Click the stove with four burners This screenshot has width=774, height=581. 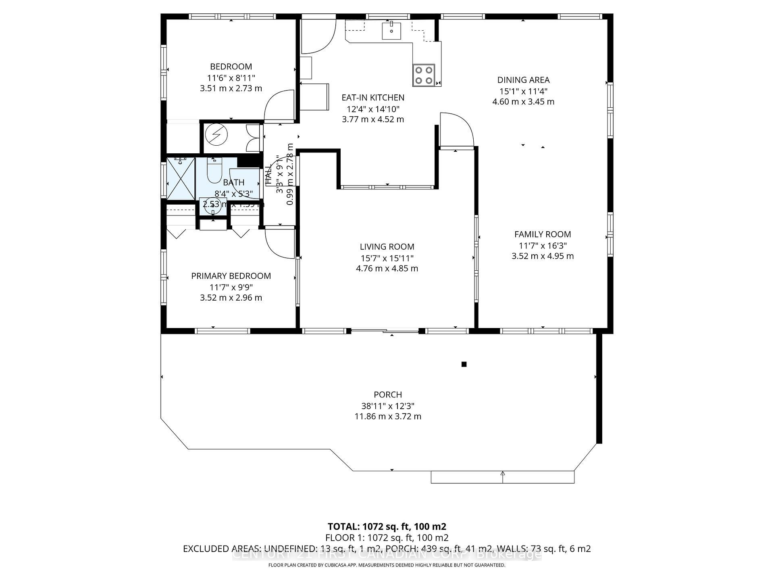(424, 75)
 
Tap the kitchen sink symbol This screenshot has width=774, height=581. (391, 31)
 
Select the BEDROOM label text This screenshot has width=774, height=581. (231, 67)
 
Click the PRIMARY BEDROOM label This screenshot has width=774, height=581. (231, 276)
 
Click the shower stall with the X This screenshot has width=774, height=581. (181, 178)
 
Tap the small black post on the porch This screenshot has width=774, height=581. (464, 364)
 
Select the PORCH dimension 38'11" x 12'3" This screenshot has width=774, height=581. (388, 406)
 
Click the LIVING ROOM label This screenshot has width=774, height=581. (387, 247)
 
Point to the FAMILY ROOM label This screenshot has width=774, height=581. (543, 234)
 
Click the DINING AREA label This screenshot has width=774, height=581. (523, 80)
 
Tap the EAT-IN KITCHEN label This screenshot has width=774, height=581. (373, 98)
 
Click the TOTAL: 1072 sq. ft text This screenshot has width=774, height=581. (387, 527)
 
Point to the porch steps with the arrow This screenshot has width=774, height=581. (503, 477)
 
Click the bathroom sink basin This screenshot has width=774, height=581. (213, 207)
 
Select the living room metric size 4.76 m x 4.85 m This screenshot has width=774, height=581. (387, 268)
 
